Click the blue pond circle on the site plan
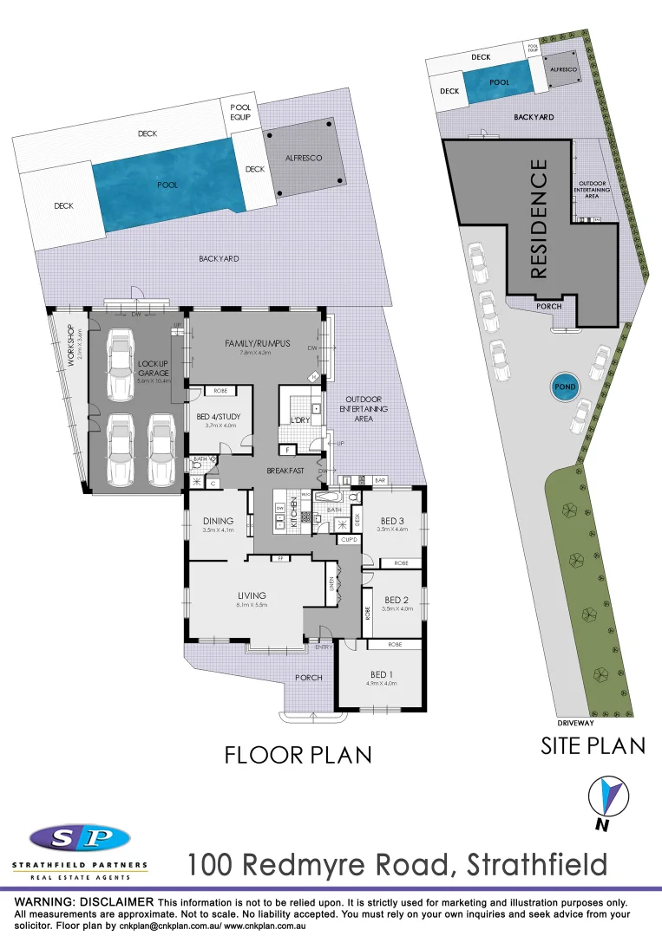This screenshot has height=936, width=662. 561,386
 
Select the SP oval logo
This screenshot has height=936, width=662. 79,838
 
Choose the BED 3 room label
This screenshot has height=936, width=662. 392,520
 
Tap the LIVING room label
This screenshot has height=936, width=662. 252,595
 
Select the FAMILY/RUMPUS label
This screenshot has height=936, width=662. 257,343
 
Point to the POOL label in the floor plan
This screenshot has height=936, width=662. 167,185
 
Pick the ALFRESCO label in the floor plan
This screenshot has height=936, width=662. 304,159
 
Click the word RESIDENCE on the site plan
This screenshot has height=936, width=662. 538,218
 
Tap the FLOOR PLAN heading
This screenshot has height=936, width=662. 298,755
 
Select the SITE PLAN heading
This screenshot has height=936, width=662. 593,745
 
